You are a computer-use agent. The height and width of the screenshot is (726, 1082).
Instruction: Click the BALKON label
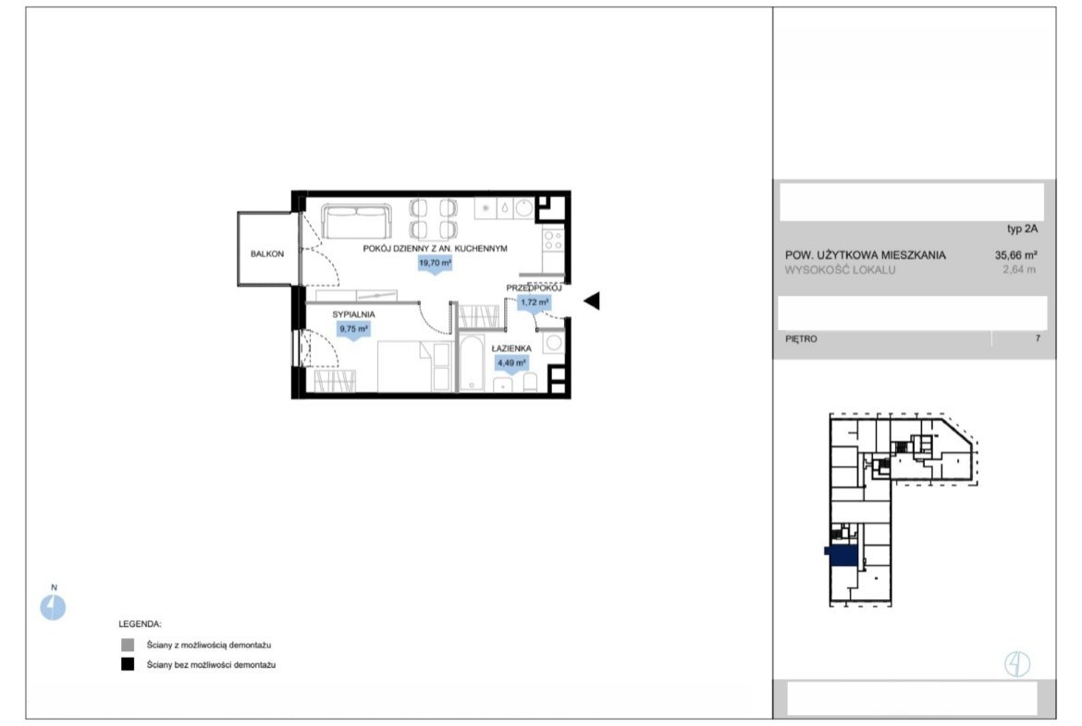click(x=267, y=254)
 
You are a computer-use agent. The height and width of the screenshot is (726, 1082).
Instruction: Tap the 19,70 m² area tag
click(x=435, y=264)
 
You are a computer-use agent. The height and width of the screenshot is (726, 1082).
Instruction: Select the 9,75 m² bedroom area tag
click(x=353, y=330)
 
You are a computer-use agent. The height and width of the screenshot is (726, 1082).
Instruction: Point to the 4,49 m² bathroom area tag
click(x=511, y=363)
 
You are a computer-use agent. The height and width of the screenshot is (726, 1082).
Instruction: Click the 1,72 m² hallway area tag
click(x=535, y=303)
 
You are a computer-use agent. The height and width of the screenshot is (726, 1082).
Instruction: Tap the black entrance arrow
click(x=591, y=301)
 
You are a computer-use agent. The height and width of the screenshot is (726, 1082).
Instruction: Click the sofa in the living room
click(x=356, y=221)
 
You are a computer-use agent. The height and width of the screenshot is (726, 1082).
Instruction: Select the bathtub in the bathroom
click(x=473, y=363)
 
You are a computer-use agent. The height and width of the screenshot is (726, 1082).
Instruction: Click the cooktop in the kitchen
click(x=553, y=240)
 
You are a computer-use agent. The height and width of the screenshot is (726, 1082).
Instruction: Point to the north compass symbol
click(x=53, y=608)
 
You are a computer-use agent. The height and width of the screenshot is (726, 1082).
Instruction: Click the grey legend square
click(x=128, y=646)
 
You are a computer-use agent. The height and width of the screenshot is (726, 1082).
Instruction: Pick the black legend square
click(x=128, y=665)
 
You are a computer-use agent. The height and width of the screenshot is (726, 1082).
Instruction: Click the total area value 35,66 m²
click(x=1015, y=254)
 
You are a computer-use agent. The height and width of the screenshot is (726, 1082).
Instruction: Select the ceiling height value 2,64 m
click(x=1019, y=270)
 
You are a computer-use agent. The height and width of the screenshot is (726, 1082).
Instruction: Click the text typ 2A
click(x=1022, y=229)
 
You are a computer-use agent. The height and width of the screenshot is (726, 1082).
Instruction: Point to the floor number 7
click(x=1038, y=338)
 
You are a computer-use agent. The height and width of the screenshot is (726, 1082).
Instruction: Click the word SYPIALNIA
click(x=353, y=314)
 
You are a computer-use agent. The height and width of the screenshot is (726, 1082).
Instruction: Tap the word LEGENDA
click(x=140, y=624)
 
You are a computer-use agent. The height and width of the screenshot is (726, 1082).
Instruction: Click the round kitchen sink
click(x=523, y=208)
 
